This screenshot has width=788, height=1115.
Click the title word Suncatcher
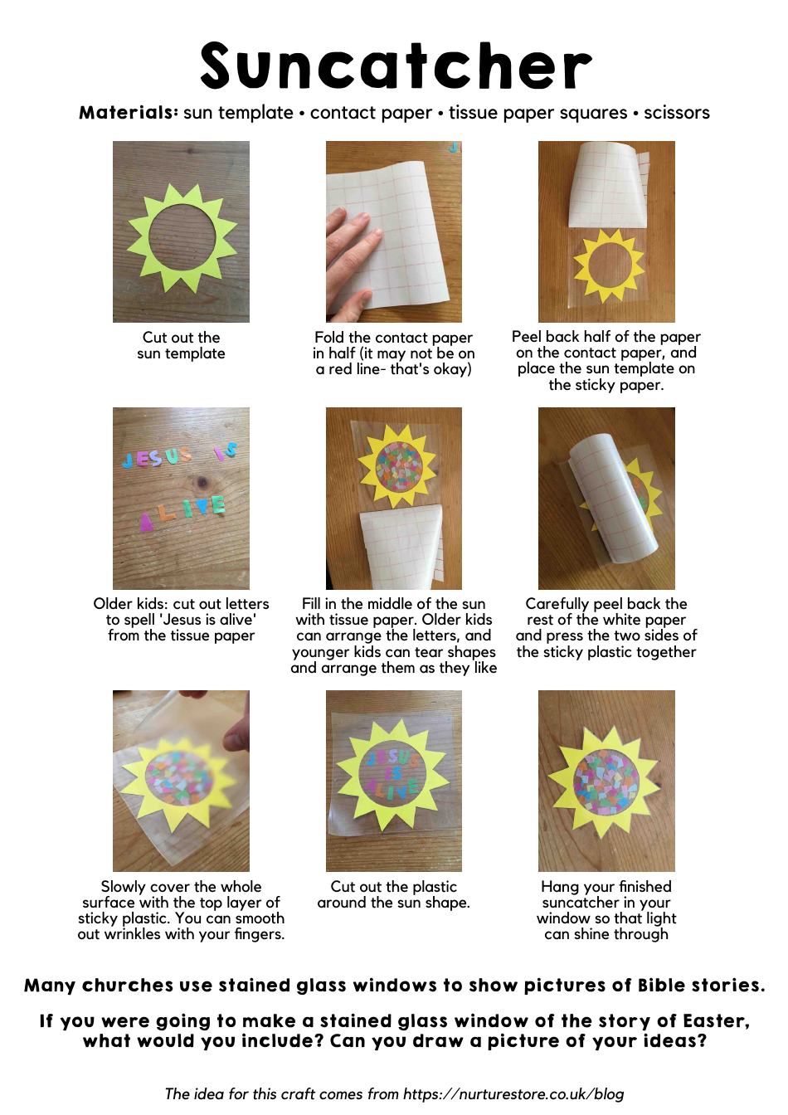(396, 66)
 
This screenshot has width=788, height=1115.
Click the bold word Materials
(128, 113)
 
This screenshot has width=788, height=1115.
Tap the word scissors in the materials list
(676, 113)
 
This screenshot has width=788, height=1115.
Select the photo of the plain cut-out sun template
(181, 231)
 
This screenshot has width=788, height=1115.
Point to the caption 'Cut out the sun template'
(181, 345)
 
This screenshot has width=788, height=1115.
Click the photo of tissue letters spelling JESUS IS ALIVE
(181, 498)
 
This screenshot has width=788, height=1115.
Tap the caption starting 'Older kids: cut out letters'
(181, 620)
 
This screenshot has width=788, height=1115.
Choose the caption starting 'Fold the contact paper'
(393, 353)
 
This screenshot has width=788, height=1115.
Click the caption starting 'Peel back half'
(606, 361)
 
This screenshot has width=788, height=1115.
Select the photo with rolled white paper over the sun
(606, 498)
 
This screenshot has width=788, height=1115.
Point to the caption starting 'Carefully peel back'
(606, 628)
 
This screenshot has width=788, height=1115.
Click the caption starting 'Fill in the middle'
(393, 635)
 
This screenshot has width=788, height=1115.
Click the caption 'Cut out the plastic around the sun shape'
(393, 894)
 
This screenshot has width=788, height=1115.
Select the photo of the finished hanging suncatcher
(606, 781)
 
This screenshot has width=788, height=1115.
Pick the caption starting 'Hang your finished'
(606, 910)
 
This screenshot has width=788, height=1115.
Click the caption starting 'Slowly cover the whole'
(181, 910)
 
